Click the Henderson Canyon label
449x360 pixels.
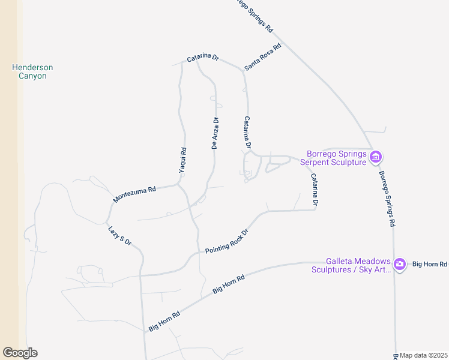pyautogui.click(x=32, y=71)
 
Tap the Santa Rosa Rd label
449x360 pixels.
pyautogui.click(x=263, y=58)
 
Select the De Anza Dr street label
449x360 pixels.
pyautogui.click(x=215, y=133)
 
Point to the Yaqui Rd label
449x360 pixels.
pyautogui.click(x=183, y=161)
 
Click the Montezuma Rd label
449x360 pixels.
pyautogui.click(x=134, y=194)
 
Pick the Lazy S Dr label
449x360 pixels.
pyautogui.click(x=119, y=236)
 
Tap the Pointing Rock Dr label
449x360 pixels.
pyautogui.click(x=226, y=241)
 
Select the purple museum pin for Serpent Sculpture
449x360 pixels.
pyautogui.click(x=376, y=158)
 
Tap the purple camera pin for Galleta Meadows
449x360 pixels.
pyautogui.click(x=400, y=264)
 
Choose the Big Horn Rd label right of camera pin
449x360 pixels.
pyautogui.click(x=430, y=264)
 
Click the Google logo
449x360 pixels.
pyautogui.click(x=20, y=353)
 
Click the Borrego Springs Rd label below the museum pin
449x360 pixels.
pyautogui.click(x=387, y=199)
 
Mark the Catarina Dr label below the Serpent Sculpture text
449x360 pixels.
pyautogui.click(x=314, y=190)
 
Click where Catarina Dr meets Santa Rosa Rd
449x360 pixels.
pyautogui.click(x=244, y=71)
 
